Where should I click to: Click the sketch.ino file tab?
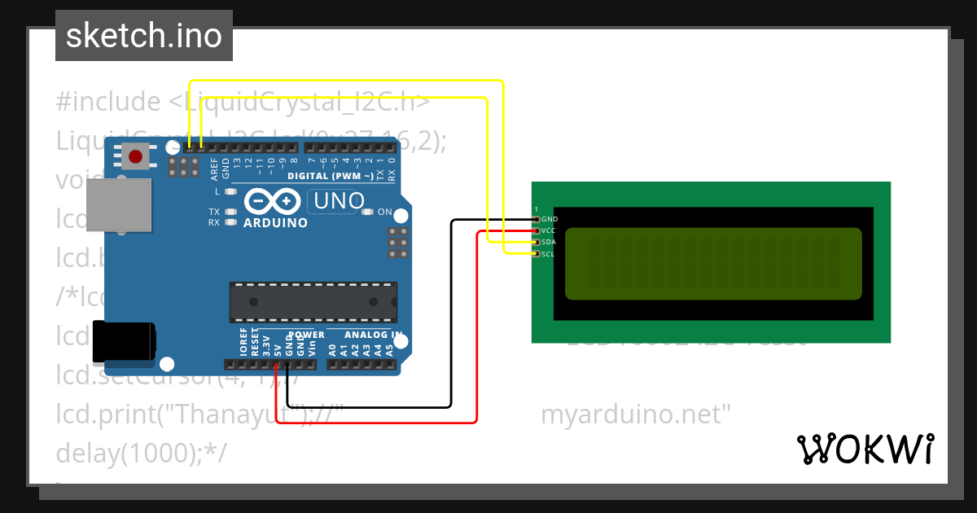tap(144, 36)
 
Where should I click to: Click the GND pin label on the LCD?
tap(550, 219)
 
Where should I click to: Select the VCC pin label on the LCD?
tap(549, 230)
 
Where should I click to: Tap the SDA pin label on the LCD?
tap(549, 242)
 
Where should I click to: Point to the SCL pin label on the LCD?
tap(548, 254)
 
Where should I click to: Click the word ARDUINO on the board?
tap(275, 222)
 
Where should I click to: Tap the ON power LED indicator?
tap(367, 213)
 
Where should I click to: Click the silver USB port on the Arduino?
tap(119, 205)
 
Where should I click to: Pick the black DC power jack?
tap(123, 341)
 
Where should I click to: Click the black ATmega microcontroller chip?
tap(313, 301)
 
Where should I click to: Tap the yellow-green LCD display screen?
tap(712, 264)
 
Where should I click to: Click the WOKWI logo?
tap(865, 449)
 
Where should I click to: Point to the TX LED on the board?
tap(230, 212)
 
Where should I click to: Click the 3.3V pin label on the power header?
tap(266, 346)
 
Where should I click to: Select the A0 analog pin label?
tap(332, 350)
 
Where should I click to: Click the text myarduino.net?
tap(636, 414)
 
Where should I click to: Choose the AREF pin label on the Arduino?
tap(215, 169)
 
